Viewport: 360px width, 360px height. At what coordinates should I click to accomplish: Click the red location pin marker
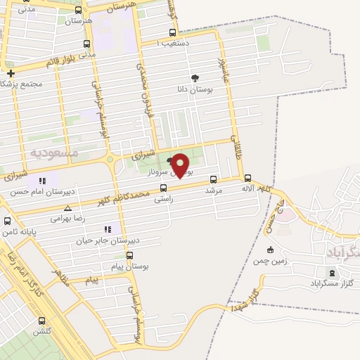click(181, 166)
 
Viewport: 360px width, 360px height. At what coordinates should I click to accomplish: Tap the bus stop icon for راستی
click(164, 188)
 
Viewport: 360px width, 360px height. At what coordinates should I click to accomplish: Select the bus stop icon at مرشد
click(213, 179)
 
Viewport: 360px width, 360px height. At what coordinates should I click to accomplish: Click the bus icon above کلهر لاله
click(247, 178)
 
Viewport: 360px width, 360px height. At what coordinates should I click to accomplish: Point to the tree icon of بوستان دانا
click(195, 78)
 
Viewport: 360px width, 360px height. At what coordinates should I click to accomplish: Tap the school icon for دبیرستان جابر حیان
click(108, 229)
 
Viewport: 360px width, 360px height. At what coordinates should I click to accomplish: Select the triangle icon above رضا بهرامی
click(67, 208)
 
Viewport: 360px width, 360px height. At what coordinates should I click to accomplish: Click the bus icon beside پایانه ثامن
click(7, 221)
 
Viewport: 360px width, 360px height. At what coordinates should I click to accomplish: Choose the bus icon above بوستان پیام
click(129, 256)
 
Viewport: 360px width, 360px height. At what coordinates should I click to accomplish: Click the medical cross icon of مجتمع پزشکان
click(11, 72)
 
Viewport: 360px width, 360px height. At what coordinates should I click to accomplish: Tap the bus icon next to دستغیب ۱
click(173, 32)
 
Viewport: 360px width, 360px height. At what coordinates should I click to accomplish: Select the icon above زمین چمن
click(270, 250)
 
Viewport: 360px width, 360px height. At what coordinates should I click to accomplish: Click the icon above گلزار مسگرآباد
click(331, 272)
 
